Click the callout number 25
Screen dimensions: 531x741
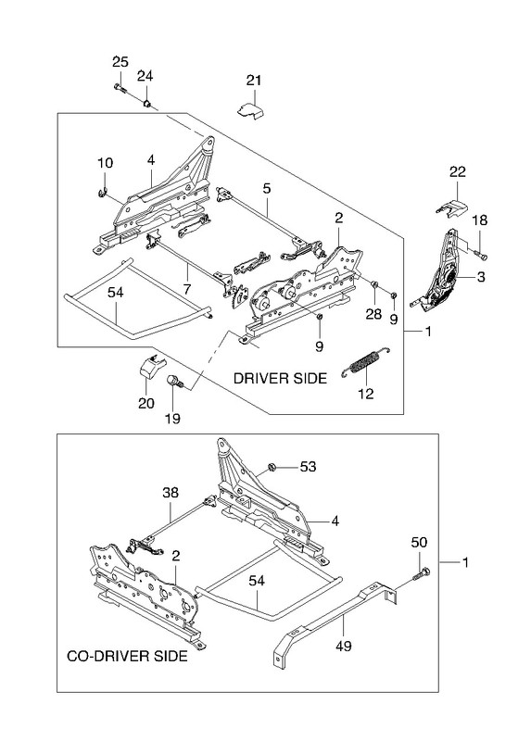(x=120, y=61)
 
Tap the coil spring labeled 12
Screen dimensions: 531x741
(x=366, y=361)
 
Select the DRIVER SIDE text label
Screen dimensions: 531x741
(x=281, y=378)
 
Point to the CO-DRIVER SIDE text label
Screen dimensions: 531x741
(x=127, y=656)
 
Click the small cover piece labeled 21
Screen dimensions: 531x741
(x=250, y=111)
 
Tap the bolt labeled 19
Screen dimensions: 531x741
(x=174, y=381)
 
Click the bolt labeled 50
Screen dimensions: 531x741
(x=422, y=573)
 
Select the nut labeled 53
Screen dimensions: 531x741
(x=272, y=468)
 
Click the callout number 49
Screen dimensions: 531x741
(x=344, y=646)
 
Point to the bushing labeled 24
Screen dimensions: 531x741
(x=147, y=103)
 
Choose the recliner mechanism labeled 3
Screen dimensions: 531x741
(x=437, y=271)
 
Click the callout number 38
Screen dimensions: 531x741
(x=171, y=493)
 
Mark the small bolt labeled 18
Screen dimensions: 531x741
(x=481, y=256)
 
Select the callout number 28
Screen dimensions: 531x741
(x=373, y=314)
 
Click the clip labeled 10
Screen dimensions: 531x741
(x=102, y=193)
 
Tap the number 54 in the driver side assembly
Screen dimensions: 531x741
(x=115, y=293)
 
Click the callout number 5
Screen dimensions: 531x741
(x=267, y=189)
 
